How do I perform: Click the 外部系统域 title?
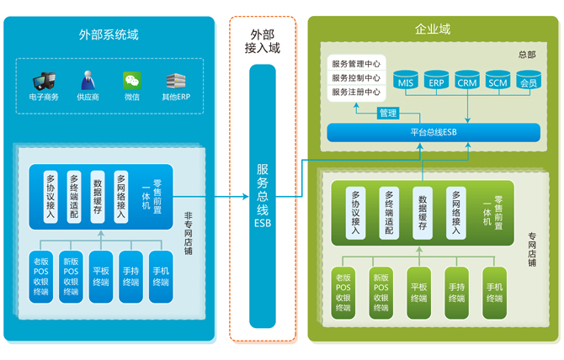click(x=109, y=34)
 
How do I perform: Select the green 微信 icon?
click(x=131, y=81)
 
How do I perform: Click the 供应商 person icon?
click(x=88, y=81)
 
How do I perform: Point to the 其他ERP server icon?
click(x=175, y=81)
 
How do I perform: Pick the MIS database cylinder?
click(x=406, y=79)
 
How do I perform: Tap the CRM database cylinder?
click(x=467, y=79)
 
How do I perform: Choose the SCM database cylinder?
click(x=497, y=79)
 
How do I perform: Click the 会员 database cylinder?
click(x=528, y=79)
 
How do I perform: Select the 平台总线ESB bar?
click(x=433, y=132)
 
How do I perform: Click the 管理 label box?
click(x=387, y=114)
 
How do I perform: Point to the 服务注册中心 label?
click(x=356, y=93)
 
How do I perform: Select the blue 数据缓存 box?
click(x=98, y=197)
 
